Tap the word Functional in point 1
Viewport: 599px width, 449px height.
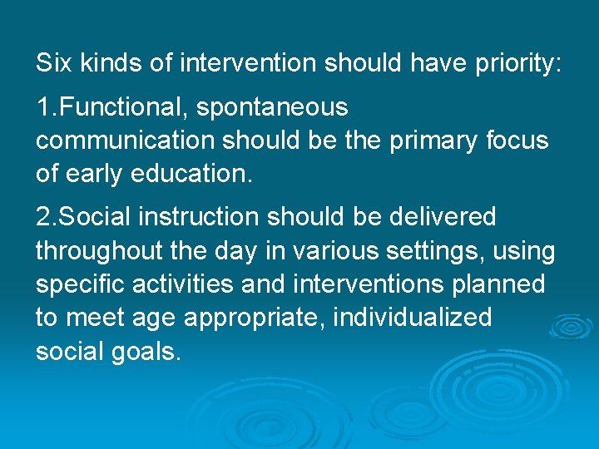pos(113,107)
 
